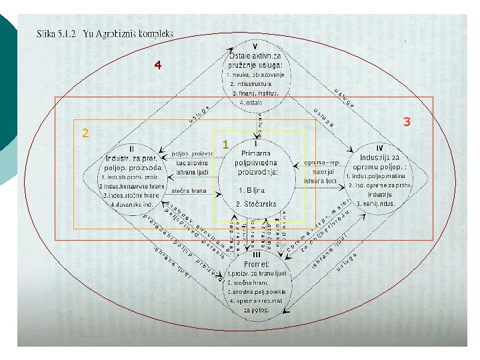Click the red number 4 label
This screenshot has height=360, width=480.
pyautogui.click(x=157, y=65)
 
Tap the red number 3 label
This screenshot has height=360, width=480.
pyautogui.click(x=406, y=122)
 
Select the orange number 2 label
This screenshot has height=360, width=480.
pyautogui.click(x=85, y=132)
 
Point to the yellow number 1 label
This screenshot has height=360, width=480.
pyautogui.click(x=226, y=144)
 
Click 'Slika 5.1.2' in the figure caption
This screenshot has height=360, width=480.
pyautogui.click(x=55, y=33)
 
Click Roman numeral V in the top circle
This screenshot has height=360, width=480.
pyautogui.click(x=255, y=46)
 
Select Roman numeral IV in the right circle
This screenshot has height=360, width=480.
pyautogui.click(x=379, y=147)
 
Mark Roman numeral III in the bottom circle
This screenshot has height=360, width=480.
pyautogui.click(x=257, y=253)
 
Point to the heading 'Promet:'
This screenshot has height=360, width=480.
pyautogui.click(x=257, y=263)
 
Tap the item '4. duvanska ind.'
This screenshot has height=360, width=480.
pyautogui.click(x=132, y=204)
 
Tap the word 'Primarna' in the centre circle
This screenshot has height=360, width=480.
pyautogui.click(x=257, y=153)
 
